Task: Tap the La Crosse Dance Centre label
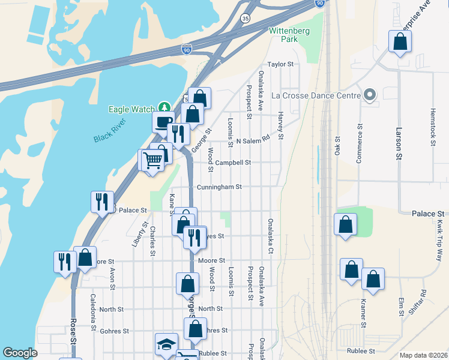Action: [x=315, y=95]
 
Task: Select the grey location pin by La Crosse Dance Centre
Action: [x=369, y=95]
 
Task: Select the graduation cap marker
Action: [x=166, y=344]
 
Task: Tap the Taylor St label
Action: [x=280, y=64]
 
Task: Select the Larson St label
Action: [x=398, y=143]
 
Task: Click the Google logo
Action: [x=20, y=353]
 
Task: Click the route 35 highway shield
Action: [x=245, y=19]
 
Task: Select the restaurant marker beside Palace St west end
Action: [x=101, y=201]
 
